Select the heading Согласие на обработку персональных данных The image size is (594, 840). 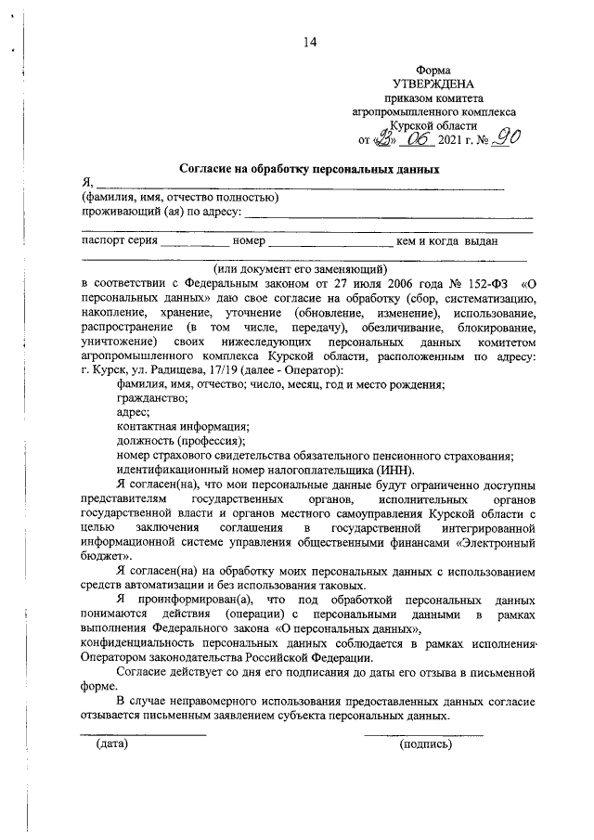[308, 169]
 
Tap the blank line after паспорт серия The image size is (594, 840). [195, 244]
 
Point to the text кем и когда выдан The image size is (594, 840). [447, 241]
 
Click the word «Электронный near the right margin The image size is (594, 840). [489, 539]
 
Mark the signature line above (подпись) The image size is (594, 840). [423, 734]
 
